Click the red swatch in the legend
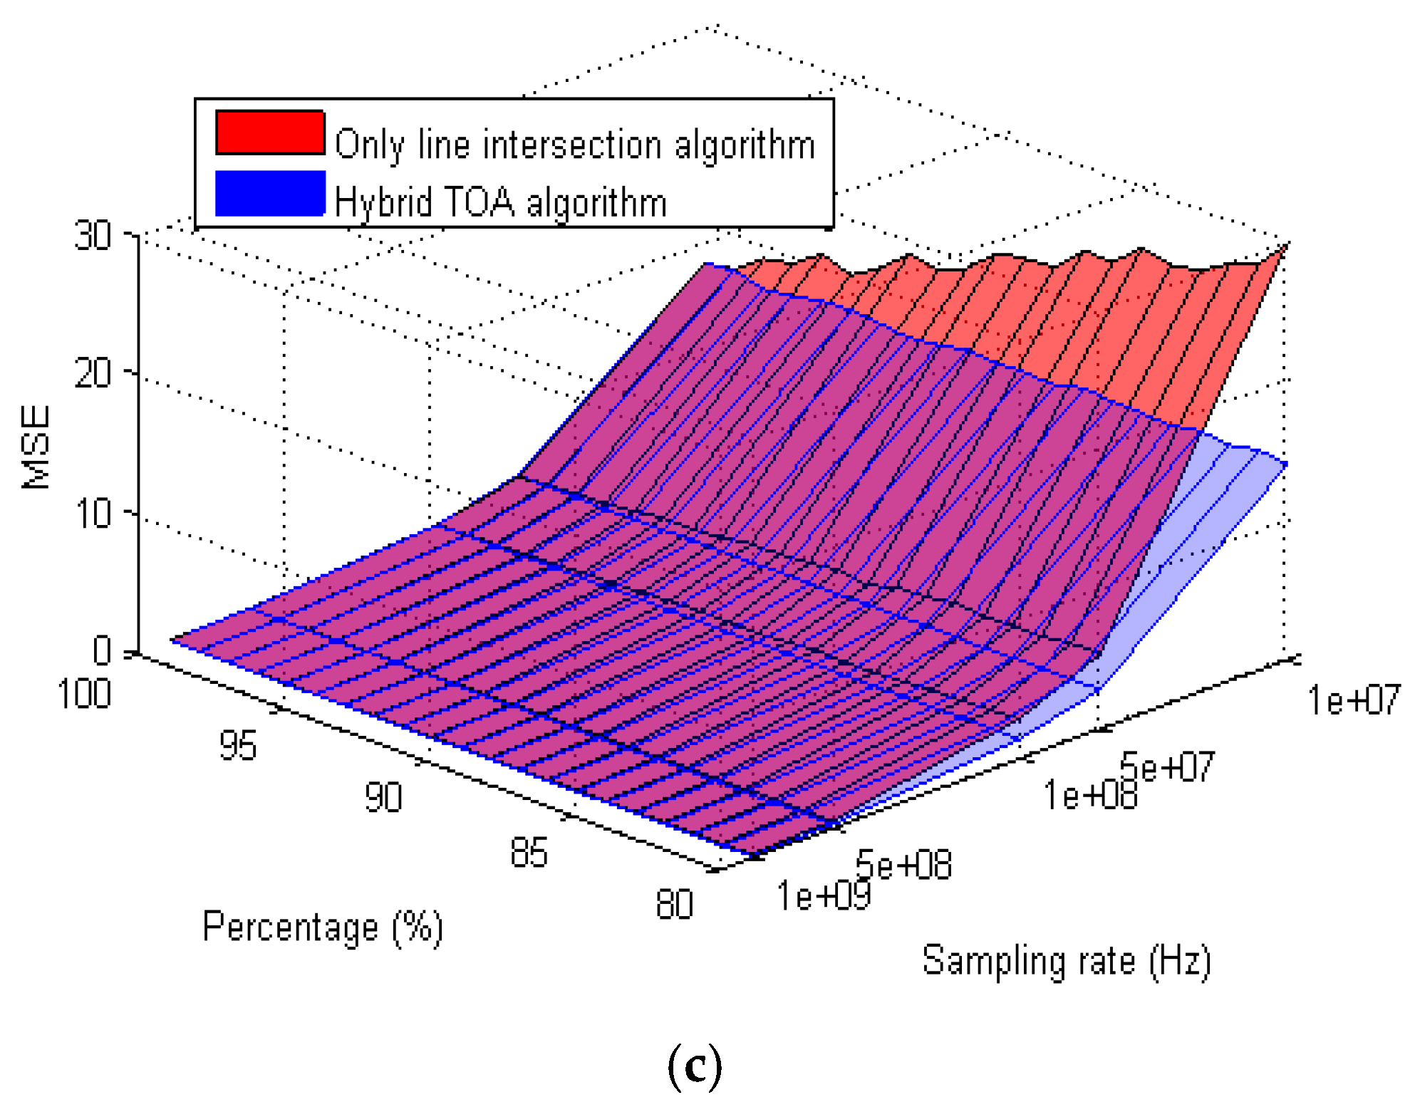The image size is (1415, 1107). tap(270, 132)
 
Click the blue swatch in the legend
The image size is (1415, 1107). tap(270, 193)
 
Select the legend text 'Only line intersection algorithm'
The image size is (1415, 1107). tap(574, 145)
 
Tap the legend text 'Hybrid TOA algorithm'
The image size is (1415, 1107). tap(500, 202)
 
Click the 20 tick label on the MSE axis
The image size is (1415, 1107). tap(93, 373)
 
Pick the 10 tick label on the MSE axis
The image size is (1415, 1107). tap(93, 513)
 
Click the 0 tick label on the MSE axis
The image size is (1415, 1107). tap(102, 650)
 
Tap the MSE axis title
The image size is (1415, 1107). tap(36, 447)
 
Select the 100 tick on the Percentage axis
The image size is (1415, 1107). tap(84, 694)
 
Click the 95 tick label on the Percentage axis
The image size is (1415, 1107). tap(237, 746)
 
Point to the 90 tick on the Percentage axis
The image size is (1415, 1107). tap(383, 797)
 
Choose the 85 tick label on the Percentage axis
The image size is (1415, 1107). tap(529, 852)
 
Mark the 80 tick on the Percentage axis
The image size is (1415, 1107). tap(674, 905)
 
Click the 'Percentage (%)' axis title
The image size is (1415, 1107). tap(323, 927)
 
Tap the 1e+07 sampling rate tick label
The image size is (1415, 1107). tap(1354, 700)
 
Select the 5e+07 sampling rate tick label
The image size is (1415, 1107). tap(1167, 767)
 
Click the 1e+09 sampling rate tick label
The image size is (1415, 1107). tap(824, 895)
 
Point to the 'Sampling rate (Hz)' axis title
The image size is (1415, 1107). tap(1066, 961)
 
